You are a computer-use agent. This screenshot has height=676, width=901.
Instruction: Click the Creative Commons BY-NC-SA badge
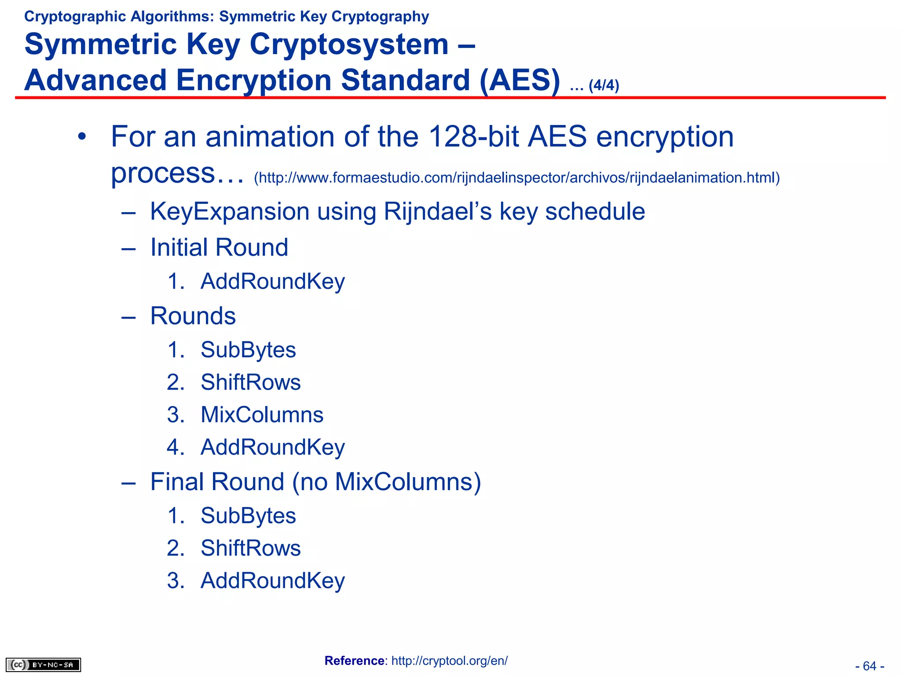(x=43, y=665)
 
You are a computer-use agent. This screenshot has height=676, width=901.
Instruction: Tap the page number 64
(x=869, y=666)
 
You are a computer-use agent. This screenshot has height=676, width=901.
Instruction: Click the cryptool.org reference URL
(x=449, y=661)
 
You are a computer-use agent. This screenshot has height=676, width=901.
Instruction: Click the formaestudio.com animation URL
(x=516, y=178)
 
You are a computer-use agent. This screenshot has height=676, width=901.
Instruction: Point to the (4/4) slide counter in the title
(x=604, y=85)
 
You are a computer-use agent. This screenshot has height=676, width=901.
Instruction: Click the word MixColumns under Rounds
(x=262, y=415)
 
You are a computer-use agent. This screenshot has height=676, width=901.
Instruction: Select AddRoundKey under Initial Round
(x=272, y=281)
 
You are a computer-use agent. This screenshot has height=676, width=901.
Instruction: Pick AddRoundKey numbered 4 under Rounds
(x=272, y=447)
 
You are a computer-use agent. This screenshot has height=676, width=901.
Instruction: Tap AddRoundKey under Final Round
(x=272, y=580)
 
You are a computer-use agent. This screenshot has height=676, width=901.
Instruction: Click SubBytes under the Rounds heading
(x=248, y=350)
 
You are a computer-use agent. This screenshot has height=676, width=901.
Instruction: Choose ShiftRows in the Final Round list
(x=250, y=548)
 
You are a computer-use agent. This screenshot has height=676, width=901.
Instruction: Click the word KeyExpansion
(x=229, y=212)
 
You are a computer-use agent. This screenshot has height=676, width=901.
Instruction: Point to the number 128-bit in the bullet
(x=473, y=136)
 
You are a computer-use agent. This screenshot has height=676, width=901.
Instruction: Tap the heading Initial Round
(x=219, y=247)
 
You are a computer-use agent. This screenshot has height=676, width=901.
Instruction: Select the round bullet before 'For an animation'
(x=81, y=137)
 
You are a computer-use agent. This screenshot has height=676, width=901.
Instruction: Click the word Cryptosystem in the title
(x=349, y=44)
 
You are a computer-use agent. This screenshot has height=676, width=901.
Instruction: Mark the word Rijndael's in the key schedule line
(x=438, y=212)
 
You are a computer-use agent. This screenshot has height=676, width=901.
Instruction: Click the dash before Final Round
(x=128, y=483)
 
